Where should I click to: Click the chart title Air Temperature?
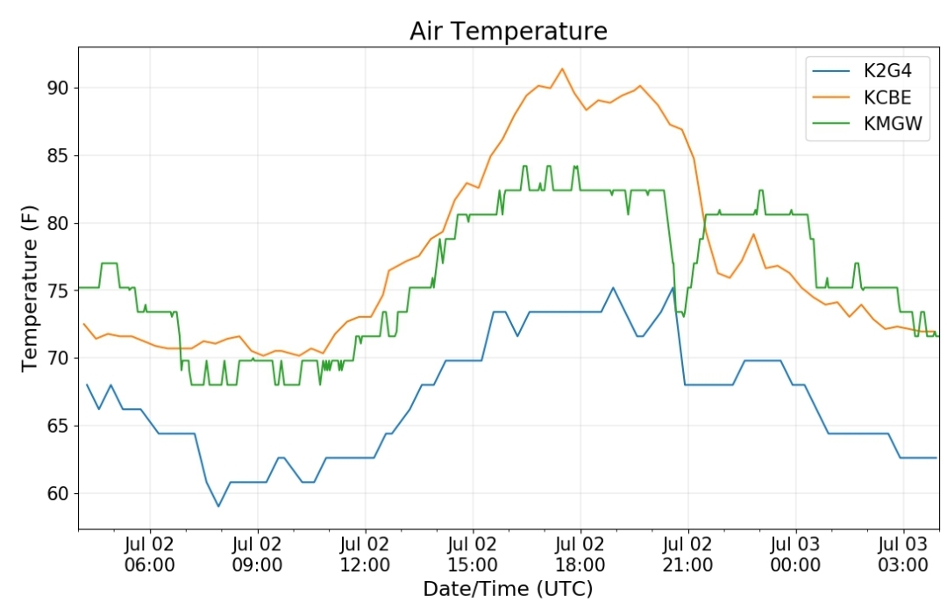(x=508, y=31)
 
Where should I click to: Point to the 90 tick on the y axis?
(x=60, y=88)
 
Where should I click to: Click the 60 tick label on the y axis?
(x=60, y=493)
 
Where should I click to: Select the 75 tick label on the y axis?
(x=60, y=291)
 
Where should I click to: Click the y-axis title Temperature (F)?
(x=29, y=289)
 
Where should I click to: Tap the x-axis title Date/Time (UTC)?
(x=508, y=588)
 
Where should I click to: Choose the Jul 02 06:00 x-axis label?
(x=150, y=555)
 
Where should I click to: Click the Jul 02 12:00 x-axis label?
(x=365, y=555)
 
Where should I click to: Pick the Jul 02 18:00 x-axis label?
(x=580, y=555)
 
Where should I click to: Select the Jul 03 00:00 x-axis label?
(x=795, y=555)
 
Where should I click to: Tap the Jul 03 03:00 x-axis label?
(x=903, y=555)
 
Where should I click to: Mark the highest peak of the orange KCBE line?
(x=562, y=68)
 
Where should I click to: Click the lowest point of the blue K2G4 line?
(x=218, y=506)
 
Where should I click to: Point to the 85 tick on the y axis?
(x=60, y=155)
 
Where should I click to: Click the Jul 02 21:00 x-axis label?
(x=688, y=555)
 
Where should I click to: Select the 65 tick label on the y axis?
(x=60, y=426)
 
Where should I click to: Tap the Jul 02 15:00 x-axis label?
(x=473, y=555)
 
